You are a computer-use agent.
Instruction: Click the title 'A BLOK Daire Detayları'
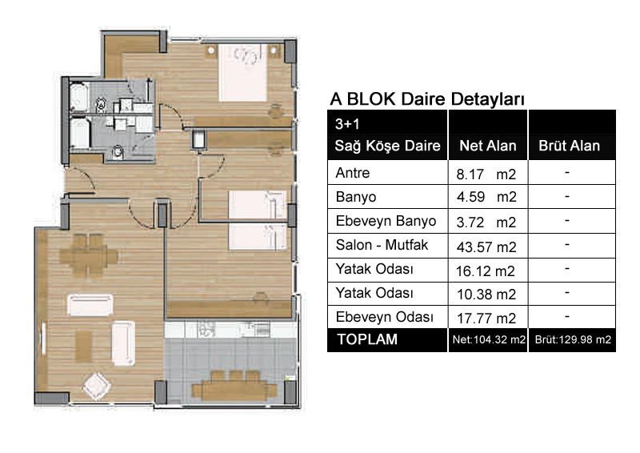427,99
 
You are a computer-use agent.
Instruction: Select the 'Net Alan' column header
488,146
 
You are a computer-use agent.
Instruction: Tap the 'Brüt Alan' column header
570,146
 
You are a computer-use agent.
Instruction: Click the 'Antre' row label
353,173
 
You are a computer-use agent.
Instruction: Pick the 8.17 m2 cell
486,174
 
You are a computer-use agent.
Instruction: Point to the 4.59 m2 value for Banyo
486,197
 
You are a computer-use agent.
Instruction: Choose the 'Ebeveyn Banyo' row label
386,221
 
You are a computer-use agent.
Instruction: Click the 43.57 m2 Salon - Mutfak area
486,247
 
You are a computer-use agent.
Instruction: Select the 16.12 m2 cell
486,271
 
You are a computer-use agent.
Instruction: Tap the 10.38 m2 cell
486,294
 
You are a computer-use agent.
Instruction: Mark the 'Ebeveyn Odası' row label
385,317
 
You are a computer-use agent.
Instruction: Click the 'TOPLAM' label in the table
367,339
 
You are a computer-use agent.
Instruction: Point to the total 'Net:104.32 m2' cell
489,339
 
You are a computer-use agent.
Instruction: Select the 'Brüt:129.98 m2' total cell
573,339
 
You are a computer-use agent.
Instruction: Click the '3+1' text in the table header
347,124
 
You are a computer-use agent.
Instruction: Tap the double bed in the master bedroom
243,73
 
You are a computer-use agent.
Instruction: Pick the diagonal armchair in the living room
97,386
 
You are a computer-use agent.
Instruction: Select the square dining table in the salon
89,255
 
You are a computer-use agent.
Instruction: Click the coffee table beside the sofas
84,346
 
